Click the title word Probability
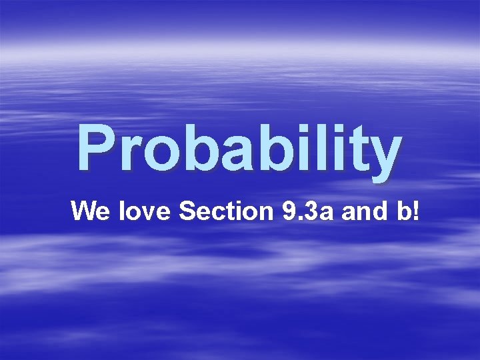[x=239, y=147]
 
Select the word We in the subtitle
[x=91, y=211]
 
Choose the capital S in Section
[x=187, y=211]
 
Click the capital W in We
[x=84, y=211]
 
